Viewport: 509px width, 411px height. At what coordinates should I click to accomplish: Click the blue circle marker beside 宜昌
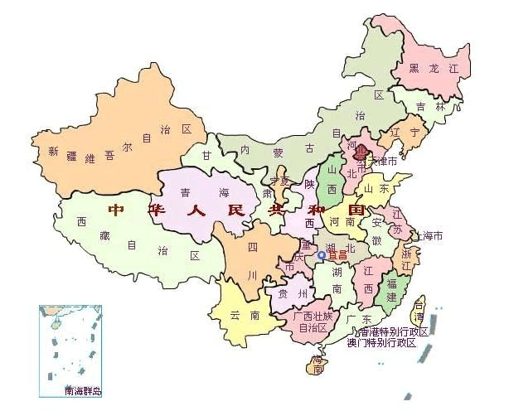(322, 255)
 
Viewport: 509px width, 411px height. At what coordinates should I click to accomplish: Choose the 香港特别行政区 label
(388, 331)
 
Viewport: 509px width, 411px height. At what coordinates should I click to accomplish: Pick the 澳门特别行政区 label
(382, 342)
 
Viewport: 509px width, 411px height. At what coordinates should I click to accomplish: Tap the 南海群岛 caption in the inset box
(82, 389)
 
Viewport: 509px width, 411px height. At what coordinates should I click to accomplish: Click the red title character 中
(115, 210)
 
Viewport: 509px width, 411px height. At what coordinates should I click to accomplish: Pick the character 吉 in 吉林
(421, 107)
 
